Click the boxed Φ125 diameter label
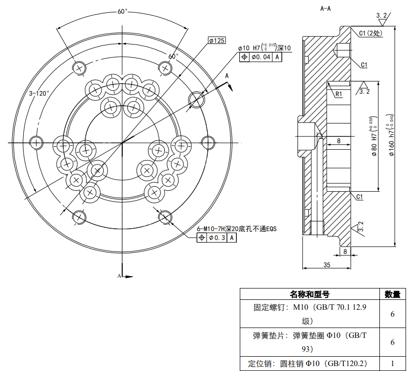[217, 41]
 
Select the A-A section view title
[326, 8]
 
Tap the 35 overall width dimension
[327, 265]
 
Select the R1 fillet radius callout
[339, 93]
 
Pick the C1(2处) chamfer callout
[371, 33]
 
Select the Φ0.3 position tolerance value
[217, 238]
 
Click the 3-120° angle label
[39, 93]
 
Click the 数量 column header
[392, 294]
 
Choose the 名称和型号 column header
[309, 294]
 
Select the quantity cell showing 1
[392, 363]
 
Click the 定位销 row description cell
[309, 363]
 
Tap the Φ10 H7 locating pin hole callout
[264, 48]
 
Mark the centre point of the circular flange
[122, 143]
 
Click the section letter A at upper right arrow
[227, 76]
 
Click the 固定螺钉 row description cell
[309, 314]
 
